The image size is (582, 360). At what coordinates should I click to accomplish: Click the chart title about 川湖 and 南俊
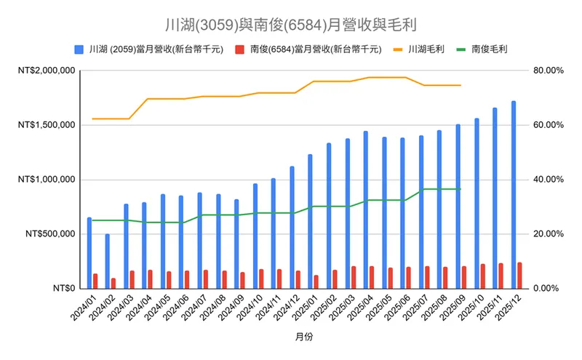[x=290, y=25]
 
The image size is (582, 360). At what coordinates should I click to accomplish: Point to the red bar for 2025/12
[x=519, y=275]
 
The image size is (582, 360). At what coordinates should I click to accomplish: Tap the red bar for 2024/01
[x=95, y=281]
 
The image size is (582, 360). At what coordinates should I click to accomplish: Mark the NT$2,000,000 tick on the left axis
[x=48, y=71]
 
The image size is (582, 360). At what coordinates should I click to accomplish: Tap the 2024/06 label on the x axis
[x=175, y=307]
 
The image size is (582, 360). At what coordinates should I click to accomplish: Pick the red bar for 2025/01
[x=316, y=281]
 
